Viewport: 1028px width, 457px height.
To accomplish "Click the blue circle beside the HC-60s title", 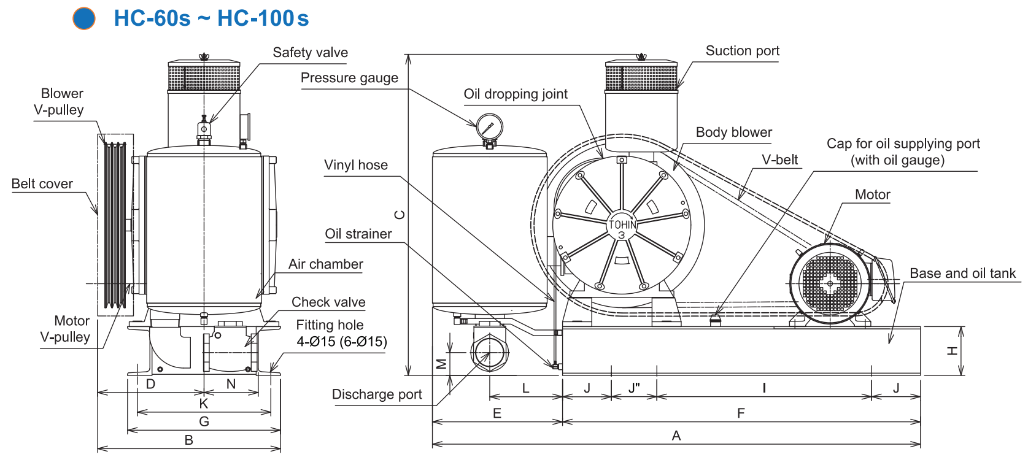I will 84,18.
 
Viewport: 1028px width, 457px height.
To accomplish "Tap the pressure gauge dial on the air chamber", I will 489,127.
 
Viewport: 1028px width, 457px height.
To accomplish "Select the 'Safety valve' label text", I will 310,53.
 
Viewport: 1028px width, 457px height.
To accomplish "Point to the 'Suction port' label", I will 742,51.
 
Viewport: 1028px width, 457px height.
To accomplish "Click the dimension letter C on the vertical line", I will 400,215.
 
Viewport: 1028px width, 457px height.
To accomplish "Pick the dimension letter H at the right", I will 952,351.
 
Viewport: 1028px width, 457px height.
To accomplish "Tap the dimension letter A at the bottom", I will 676,436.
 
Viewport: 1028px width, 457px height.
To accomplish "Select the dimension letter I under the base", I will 764,388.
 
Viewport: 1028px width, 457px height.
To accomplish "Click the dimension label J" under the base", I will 634,388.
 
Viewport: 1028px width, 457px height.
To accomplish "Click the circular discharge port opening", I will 489,353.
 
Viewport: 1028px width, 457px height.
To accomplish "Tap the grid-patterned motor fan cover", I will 830,283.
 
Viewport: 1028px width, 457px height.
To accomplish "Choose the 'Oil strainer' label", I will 358,234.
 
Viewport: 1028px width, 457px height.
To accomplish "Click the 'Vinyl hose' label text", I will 356,165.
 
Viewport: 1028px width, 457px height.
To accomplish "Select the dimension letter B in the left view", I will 189,440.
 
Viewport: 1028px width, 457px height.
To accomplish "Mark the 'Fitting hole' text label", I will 330,325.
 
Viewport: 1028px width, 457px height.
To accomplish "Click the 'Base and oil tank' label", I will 962,274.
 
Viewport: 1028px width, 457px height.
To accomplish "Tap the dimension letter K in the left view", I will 204,404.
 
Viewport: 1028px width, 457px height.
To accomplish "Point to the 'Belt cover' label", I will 42,184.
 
